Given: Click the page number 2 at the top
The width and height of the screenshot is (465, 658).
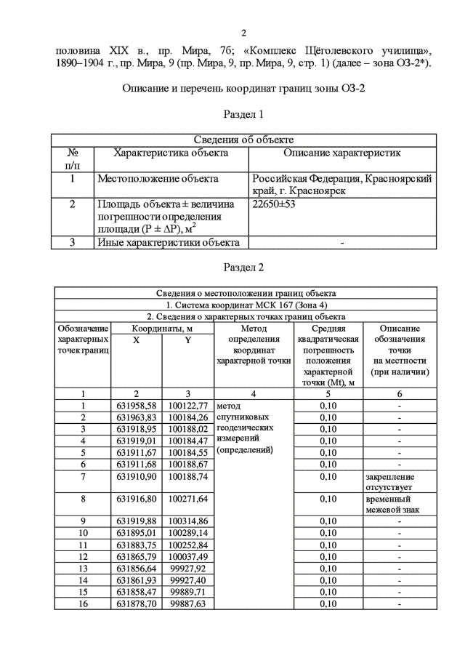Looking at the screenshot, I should click(243, 32).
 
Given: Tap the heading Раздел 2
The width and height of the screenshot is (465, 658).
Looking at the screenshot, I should click(243, 268).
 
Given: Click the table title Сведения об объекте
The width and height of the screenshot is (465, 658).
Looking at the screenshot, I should click(243, 140).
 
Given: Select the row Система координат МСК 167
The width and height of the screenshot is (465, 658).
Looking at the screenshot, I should click(243, 305).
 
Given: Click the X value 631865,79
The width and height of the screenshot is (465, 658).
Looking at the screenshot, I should click(137, 556).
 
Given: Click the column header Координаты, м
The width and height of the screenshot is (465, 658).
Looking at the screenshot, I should click(161, 329).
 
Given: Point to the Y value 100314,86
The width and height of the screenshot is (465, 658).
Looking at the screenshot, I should click(187, 521).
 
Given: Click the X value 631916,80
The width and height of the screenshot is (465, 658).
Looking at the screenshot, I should click(137, 499).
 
